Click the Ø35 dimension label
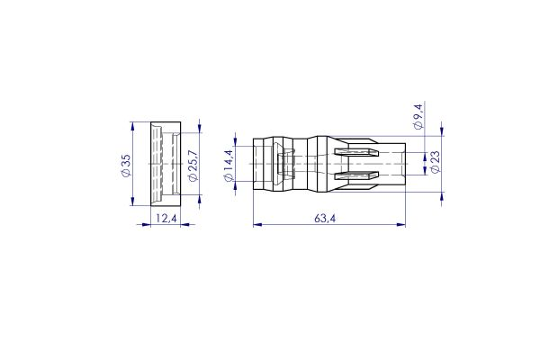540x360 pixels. click(125, 164)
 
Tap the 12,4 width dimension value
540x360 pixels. click(165, 218)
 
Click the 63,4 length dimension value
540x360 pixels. click(325, 218)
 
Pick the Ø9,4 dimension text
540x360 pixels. click(418, 118)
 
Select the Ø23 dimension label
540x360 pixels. click(436, 162)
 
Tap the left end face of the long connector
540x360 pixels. click(254, 163)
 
